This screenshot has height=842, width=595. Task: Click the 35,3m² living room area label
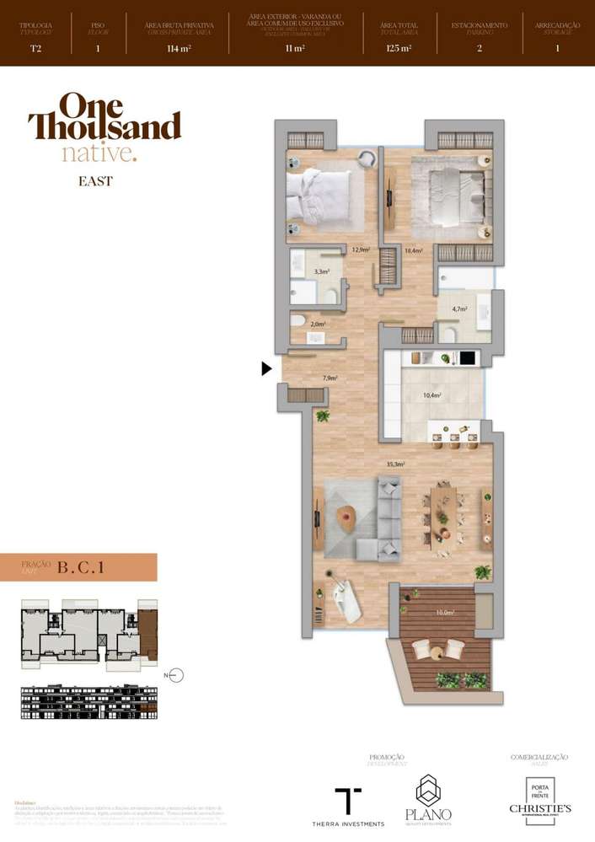click(396, 464)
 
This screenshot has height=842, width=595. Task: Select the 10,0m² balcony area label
click(444, 614)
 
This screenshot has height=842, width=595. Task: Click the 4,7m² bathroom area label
click(459, 309)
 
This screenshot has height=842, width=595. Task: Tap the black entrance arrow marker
click(266, 368)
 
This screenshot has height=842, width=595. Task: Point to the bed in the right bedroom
click(455, 196)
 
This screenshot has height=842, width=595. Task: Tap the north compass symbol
click(174, 675)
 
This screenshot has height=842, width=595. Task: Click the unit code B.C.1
click(81, 567)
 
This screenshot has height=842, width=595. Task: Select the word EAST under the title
click(95, 181)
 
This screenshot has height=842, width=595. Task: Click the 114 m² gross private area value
click(180, 48)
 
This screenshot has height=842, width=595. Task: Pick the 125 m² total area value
click(399, 48)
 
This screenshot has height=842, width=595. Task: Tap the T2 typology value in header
click(35, 48)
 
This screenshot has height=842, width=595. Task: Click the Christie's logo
click(539, 797)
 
